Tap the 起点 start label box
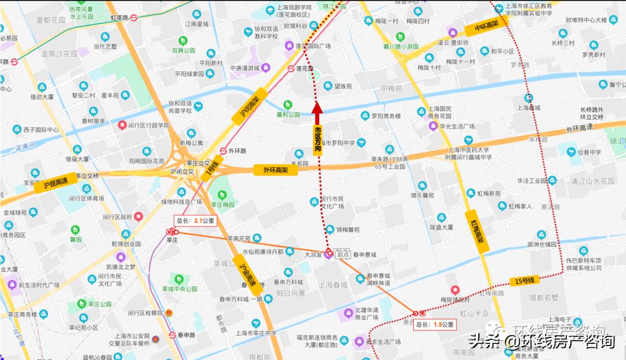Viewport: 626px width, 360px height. pos(343,254)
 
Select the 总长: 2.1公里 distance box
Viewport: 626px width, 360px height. pos(195,221)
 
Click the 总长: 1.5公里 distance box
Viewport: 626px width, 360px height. pos(435,325)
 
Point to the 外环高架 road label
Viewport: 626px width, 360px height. pos(276,170)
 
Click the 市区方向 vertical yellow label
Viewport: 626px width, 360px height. pos(318,139)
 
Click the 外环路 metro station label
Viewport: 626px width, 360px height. pos(238,151)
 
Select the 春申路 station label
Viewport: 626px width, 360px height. pos(187,335)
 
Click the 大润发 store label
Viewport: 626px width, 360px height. pos(315,253)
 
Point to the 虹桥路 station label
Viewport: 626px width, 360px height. pos(119,18)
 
